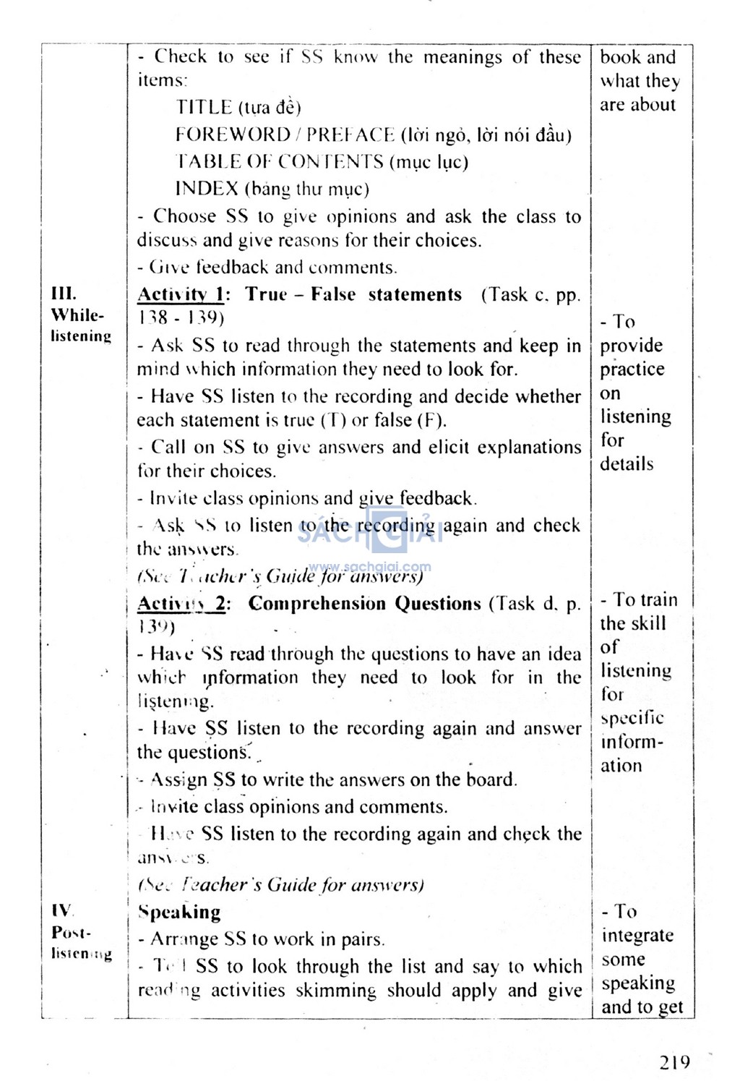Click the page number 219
pyautogui.click(x=674, y=1061)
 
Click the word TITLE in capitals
pyautogui.click(x=204, y=108)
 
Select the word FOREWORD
pyautogui.click(x=233, y=134)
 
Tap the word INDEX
pyautogui.click(x=207, y=189)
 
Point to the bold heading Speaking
pyautogui.click(x=180, y=912)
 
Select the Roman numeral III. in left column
pyautogui.click(x=64, y=294)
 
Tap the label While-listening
pyautogui.click(x=80, y=325)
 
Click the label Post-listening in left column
pyautogui.click(x=81, y=943)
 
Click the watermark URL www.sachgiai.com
pyautogui.click(x=369, y=567)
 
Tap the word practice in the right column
pyautogui.click(x=632, y=369)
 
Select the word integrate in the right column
pyautogui.click(x=637, y=936)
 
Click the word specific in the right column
pyautogui.click(x=632, y=718)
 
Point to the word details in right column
pyautogui.click(x=627, y=463)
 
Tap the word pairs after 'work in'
pyautogui.click(x=362, y=939)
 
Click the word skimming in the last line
pyautogui.click(x=336, y=990)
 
